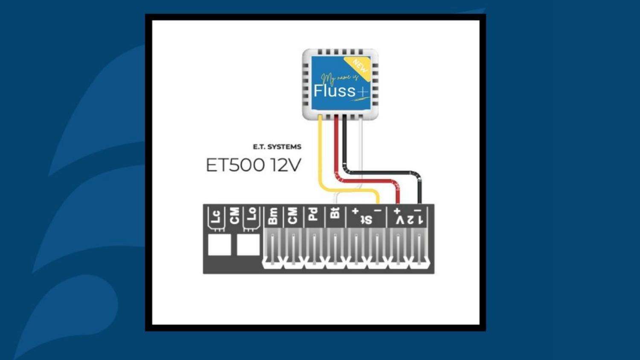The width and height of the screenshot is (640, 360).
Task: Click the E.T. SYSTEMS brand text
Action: click(277, 147)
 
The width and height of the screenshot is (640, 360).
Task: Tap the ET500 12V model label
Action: click(253, 165)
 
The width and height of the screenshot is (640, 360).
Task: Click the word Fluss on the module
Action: click(335, 90)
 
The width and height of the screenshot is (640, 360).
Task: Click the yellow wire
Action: click(320, 154)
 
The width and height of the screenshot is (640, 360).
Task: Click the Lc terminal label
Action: click(216, 217)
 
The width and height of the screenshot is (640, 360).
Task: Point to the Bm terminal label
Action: click(273, 216)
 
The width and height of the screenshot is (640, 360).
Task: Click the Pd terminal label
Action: click(313, 215)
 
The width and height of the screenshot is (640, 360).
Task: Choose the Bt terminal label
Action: click(335, 213)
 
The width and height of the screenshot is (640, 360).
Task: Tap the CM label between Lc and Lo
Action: click(234, 216)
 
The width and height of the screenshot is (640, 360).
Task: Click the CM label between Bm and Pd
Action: click(292, 216)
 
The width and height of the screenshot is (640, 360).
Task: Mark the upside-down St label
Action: click(366, 220)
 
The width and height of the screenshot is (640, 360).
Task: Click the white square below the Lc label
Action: click(219, 244)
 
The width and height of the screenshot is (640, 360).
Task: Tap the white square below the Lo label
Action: click(248, 244)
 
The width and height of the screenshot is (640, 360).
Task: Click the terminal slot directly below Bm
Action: click(273, 249)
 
